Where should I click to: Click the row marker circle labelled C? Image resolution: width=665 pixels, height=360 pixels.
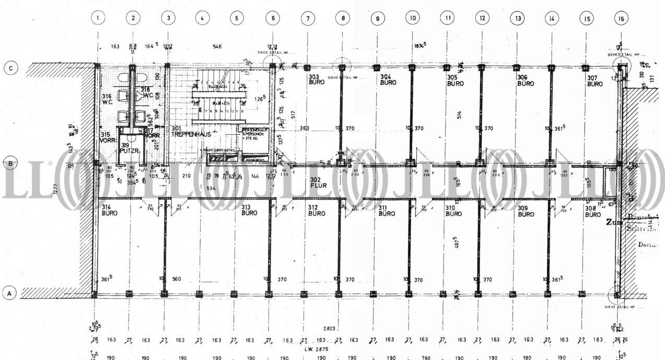[x=9, y=68]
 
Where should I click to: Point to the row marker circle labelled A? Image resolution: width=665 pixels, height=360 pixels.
[x=9, y=294]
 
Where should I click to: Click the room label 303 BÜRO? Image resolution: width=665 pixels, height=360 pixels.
[x=314, y=80]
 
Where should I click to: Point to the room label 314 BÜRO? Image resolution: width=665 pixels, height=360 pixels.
[x=109, y=210]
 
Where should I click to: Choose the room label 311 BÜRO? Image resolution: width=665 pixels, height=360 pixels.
[x=386, y=211]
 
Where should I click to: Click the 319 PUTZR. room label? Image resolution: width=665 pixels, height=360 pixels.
[x=127, y=148]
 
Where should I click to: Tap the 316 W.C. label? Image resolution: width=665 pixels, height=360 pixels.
[x=107, y=99]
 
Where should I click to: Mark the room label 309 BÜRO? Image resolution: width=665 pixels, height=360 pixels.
[x=526, y=211]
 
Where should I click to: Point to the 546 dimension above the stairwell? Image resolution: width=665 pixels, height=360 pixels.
[x=217, y=47]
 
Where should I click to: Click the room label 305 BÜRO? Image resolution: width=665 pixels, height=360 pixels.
[x=455, y=80]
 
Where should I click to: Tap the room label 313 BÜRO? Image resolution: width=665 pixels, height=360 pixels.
[x=249, y=210]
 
